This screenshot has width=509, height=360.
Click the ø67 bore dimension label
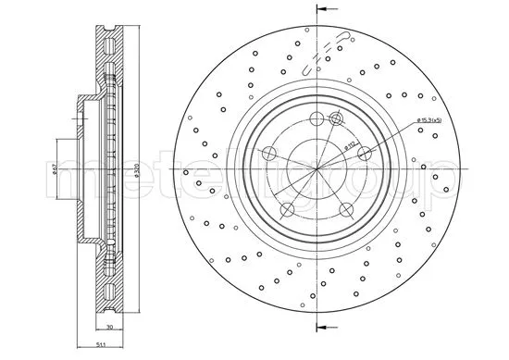pyautogui.click(x=56, y=167)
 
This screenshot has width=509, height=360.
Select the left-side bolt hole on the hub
pyautogui.click(x=270, y=154)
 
